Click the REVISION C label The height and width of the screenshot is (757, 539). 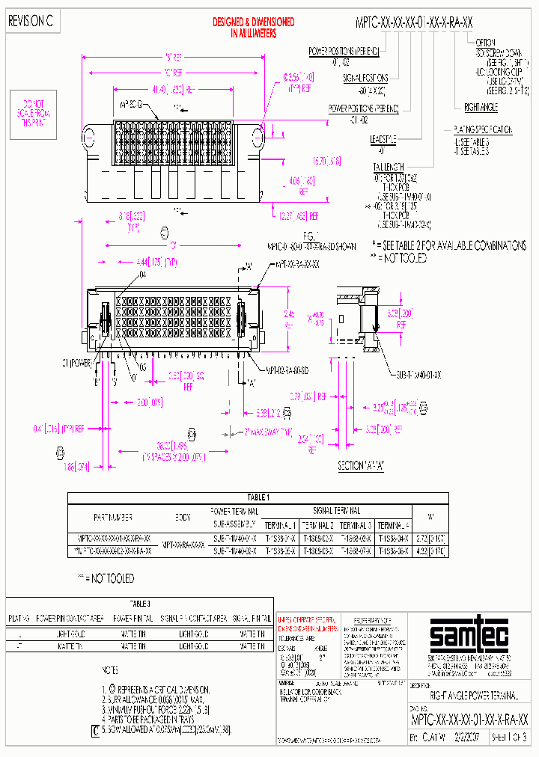tap(31, 22)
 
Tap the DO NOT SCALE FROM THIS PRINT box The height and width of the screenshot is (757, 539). tap(33, 112)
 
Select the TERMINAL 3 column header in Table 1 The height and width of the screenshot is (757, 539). tap(356, 525)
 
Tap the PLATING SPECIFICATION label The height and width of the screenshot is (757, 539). tap(484, 129)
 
